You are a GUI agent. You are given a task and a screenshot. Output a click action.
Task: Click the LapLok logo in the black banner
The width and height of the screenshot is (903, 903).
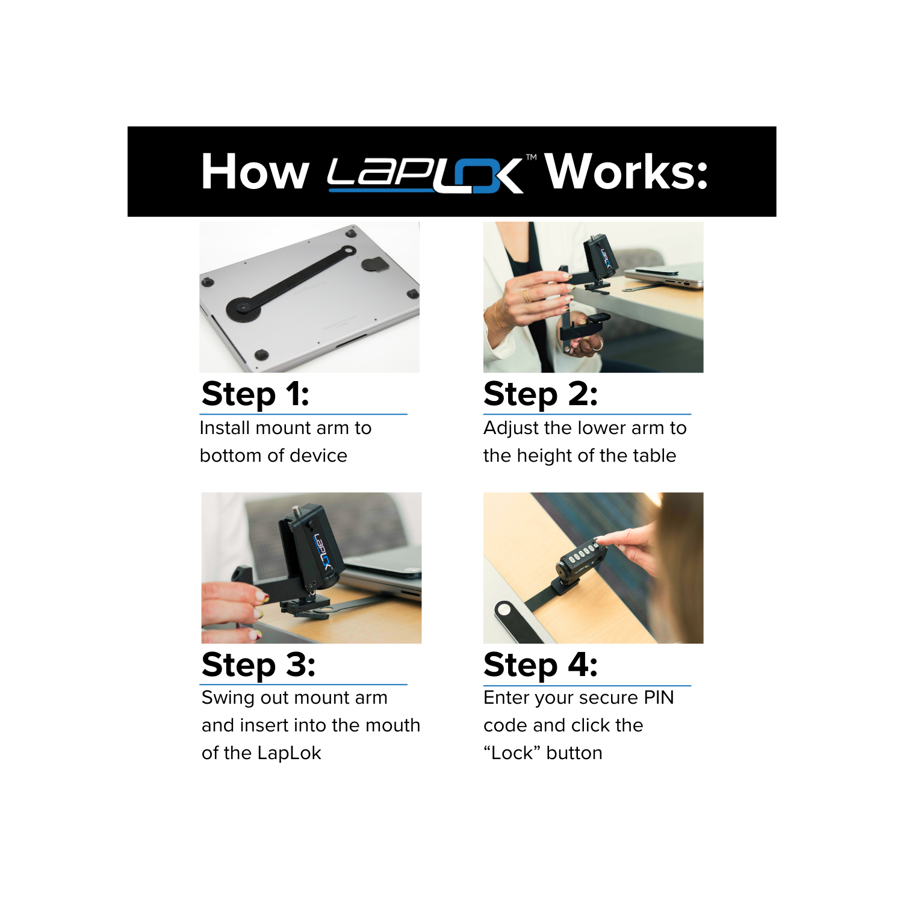424,175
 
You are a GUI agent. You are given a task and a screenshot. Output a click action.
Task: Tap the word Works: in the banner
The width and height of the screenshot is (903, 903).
626,172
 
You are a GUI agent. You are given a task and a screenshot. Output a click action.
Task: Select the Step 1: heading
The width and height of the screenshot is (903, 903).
255,394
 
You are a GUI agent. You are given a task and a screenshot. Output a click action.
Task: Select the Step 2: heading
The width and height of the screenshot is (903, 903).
540,394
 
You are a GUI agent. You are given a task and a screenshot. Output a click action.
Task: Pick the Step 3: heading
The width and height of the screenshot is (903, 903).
258,665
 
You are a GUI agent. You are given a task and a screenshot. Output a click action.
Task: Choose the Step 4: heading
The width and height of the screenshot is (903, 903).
540,665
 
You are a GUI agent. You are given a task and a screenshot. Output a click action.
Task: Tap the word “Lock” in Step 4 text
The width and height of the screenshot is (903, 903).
512,753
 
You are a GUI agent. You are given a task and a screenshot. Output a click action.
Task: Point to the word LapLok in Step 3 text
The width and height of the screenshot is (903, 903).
289,753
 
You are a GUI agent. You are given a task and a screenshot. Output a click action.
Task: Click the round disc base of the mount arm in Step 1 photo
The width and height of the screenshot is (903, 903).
243,308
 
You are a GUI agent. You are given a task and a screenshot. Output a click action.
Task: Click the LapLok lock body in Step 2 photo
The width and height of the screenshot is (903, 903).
600,258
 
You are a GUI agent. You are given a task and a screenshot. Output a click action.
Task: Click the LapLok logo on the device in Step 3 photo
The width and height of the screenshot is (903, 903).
322,551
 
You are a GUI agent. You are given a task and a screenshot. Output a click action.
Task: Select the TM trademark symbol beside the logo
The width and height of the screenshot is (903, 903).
531,157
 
